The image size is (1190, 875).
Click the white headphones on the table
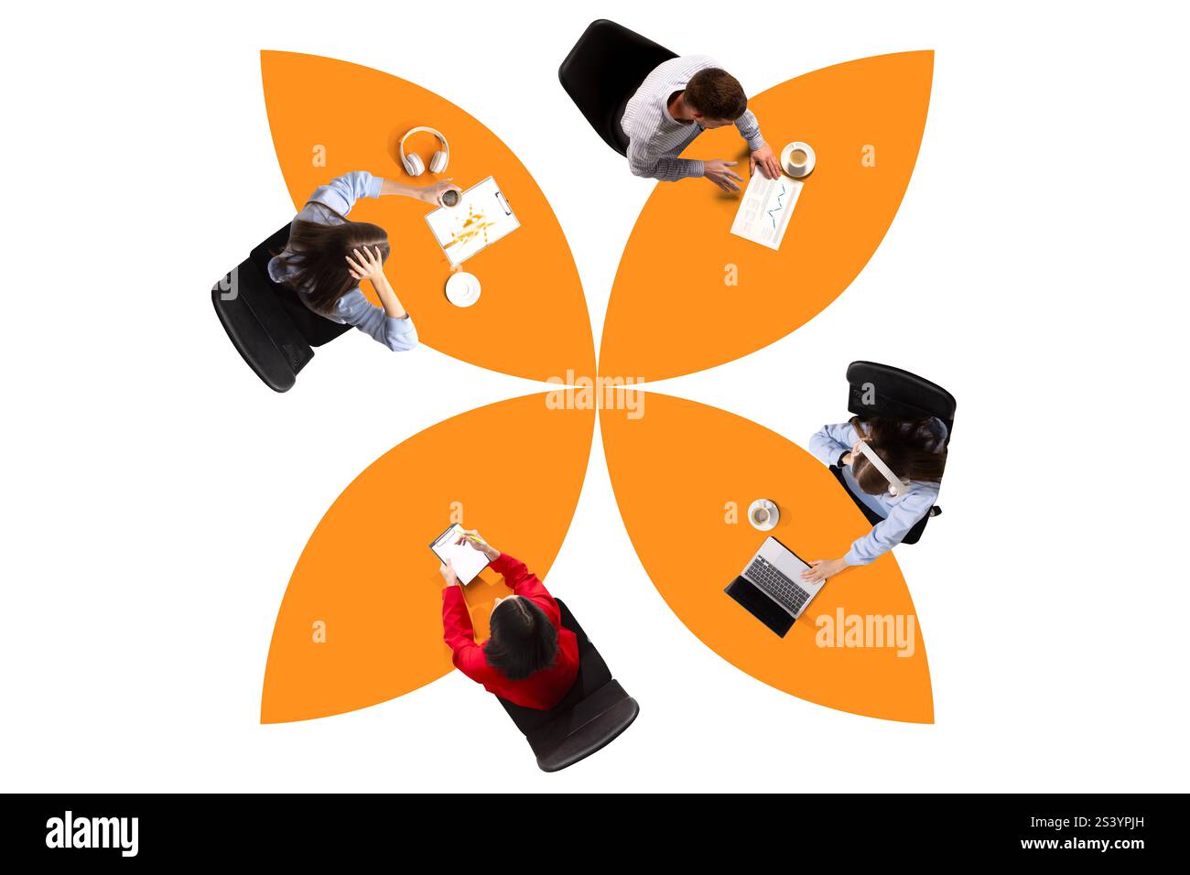pyautogui.click(x=424, y=151)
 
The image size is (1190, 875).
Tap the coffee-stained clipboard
pyautogui.click(x=472, y=220)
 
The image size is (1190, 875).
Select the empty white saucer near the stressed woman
pyautogui.click(x=463, y=289)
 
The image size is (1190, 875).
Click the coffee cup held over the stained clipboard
pyautogui.click(x=450, y=197)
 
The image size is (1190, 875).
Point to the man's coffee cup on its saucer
pyautogui.click(x=796, y=159)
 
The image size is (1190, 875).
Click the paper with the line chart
pyautogui.click(x=766, y=211)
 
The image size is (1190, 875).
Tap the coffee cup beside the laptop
pyautogui.click(x=762, y=514)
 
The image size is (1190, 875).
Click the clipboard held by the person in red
pyautogui.click(x=461, y=555)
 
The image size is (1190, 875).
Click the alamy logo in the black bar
pyautogui.click(x=92, y=833)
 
